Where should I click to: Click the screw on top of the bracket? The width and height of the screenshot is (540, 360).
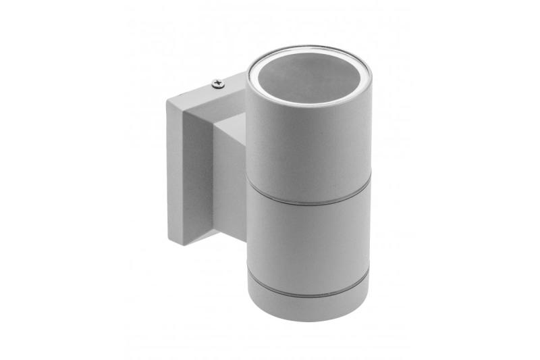217,83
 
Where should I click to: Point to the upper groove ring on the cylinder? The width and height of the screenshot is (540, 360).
308,197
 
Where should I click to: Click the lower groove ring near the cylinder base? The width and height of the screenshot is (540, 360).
308,291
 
